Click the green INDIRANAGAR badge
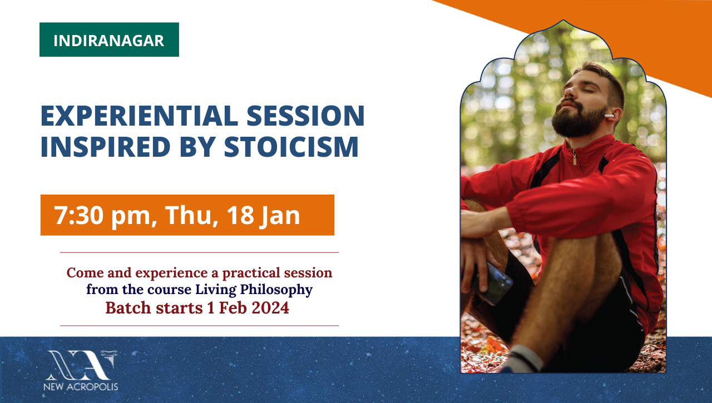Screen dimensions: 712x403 point(109,39)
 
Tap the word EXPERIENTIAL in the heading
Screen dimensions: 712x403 point(139,116)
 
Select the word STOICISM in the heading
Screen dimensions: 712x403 point(291,146)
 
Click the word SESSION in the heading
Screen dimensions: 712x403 point(305,116)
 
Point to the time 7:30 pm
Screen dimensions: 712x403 point(102,216)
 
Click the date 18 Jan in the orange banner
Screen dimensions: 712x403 point(263,216)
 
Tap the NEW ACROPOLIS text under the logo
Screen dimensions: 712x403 point(81,387)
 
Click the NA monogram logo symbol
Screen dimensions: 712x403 point(81,365)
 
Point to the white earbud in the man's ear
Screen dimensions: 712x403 point(609,116)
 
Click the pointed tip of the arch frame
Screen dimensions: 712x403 point(563,21)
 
